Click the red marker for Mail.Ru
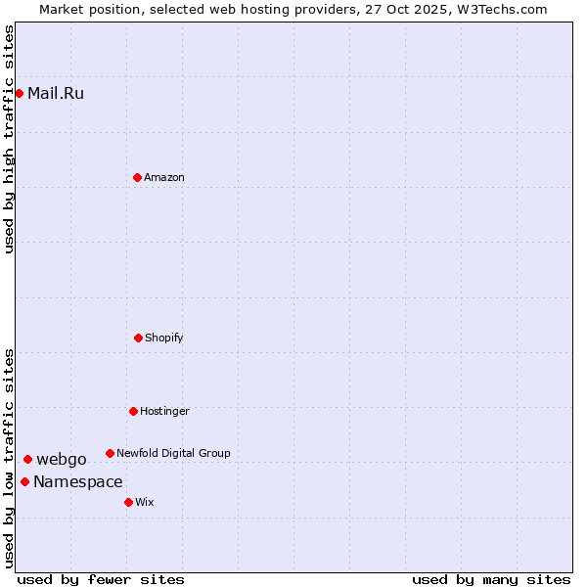(x=19, y=93)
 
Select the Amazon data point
(x=137, y=177)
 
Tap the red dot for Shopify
(x=138, y=338)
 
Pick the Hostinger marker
(x=133, y=411)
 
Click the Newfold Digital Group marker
(x=110, y=453)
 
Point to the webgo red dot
(x=27, y=459)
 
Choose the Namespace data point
(x=24, y=481)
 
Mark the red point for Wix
(x=128, y=502)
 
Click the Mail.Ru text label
(x=56, y=94)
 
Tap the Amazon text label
(x=164, y=177)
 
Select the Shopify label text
(x=164, y=338)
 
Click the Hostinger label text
(x=164, y=411)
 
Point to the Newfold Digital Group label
(x=173, y=453)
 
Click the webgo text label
(x=62, y=460)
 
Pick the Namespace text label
(x=78, y=482)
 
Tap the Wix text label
(x=145, y=502)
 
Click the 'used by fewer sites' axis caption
(x=101, y=579)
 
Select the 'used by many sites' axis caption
(x=491, y=579)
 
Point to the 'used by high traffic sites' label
(x=9, y=140)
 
